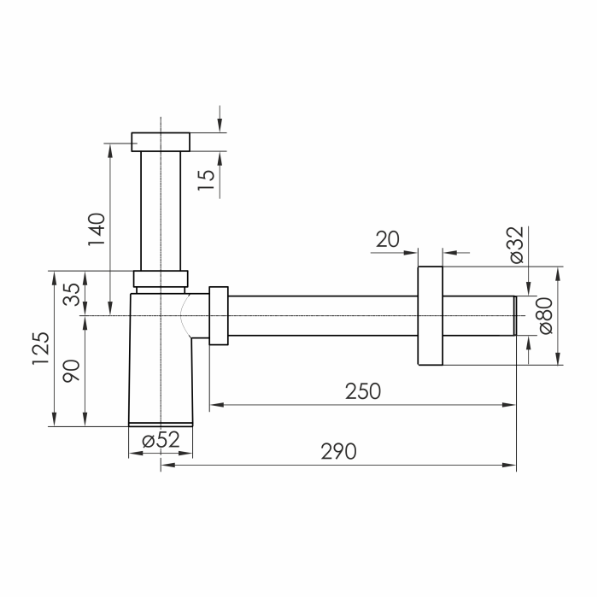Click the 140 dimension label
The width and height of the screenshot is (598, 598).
coord(97,229)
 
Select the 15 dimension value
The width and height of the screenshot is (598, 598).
coord(207,179)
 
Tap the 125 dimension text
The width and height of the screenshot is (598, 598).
coord(41,349)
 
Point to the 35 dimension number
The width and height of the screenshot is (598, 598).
coord(72,295)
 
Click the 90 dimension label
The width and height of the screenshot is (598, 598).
coord(72,371)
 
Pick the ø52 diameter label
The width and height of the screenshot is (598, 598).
coord(161,440)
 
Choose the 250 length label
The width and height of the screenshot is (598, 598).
coord(363,391)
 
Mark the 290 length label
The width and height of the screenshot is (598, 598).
coord(338,452)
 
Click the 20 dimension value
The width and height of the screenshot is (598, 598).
coord(388,239)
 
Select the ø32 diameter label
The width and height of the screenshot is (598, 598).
coord(517,245)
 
